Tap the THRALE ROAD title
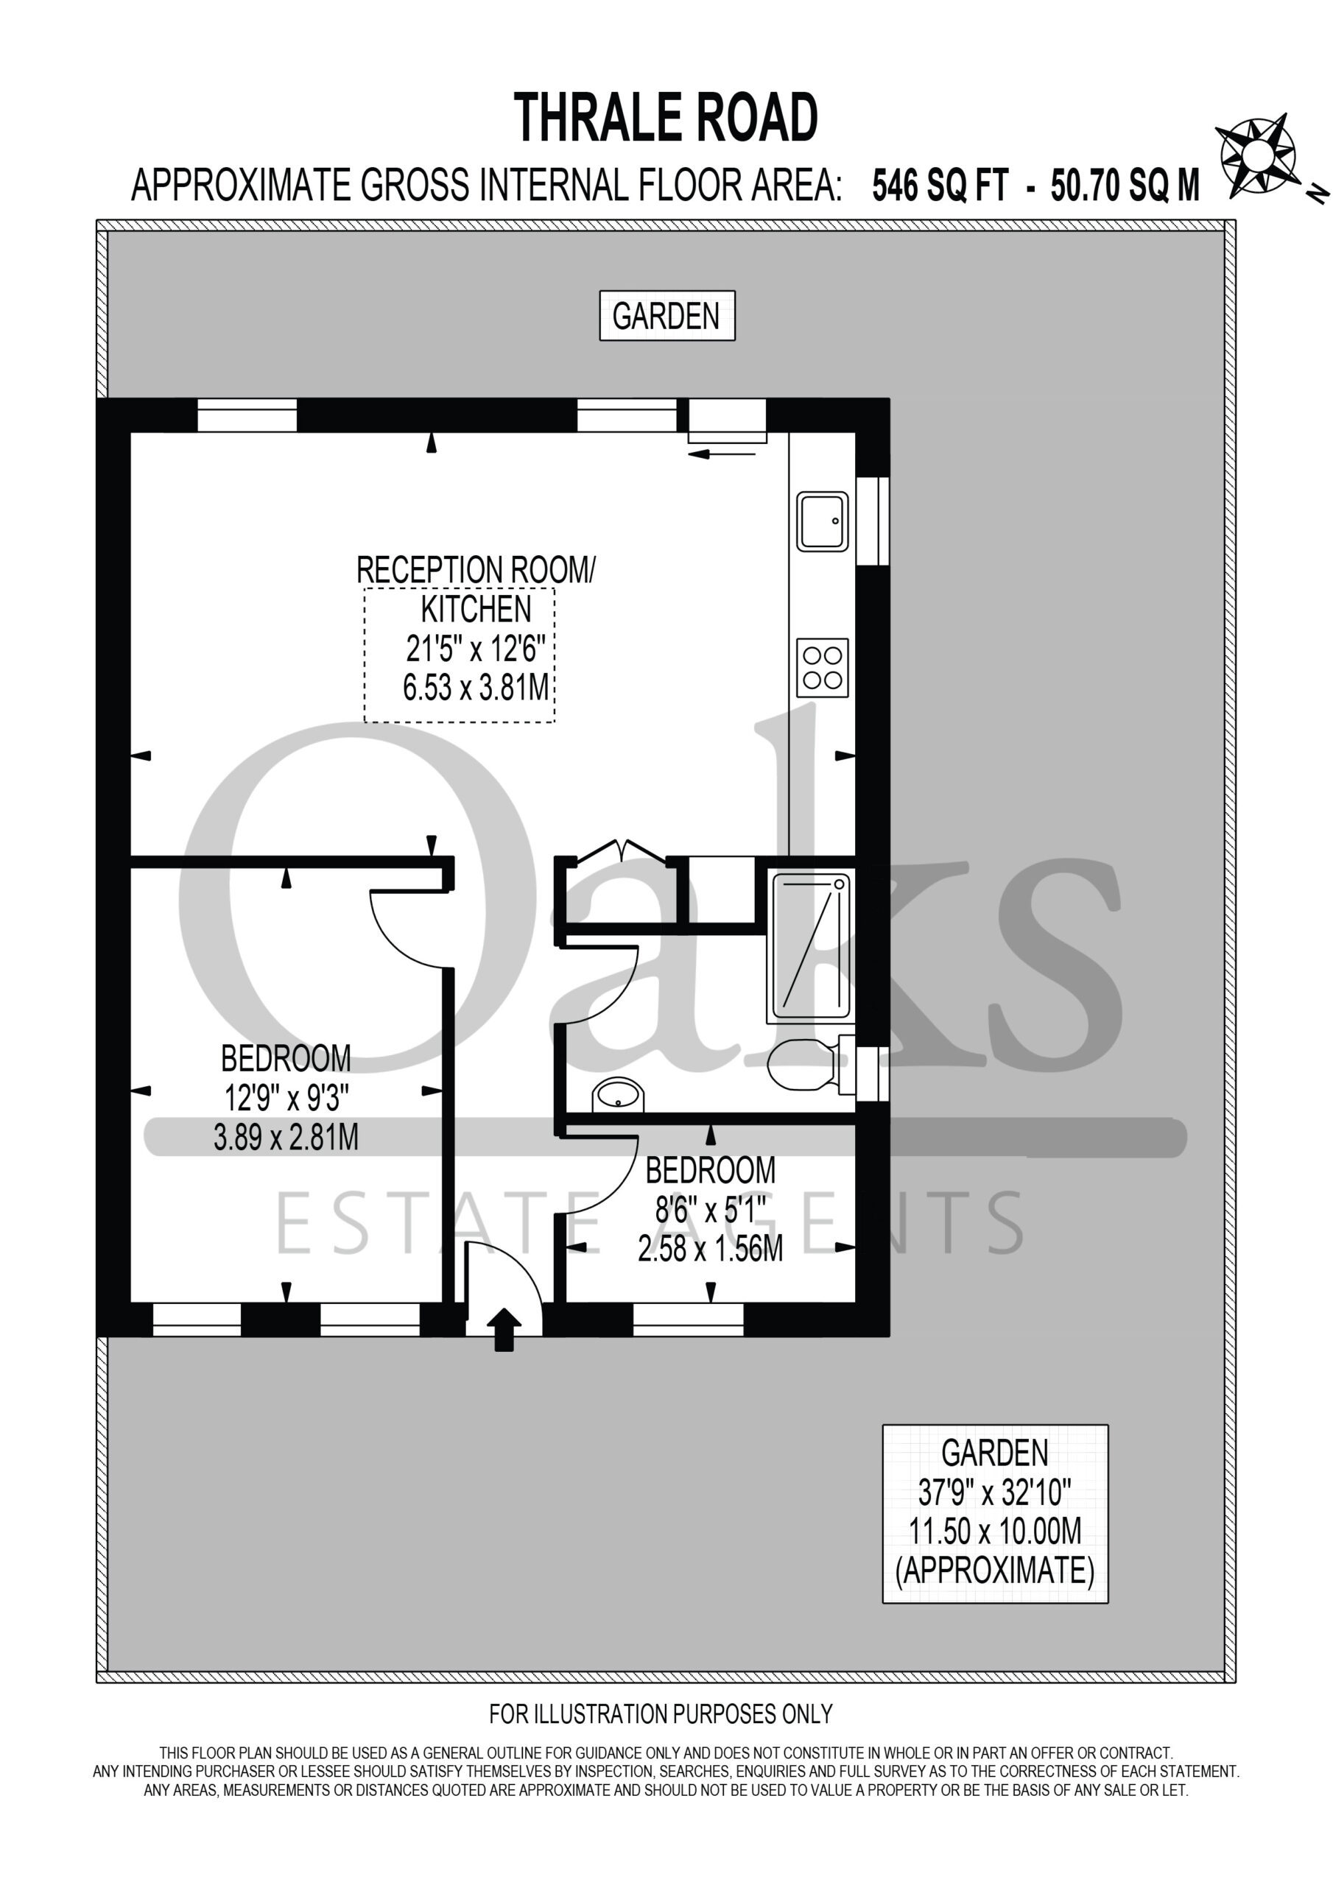666,117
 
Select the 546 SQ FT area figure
940,186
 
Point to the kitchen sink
822,521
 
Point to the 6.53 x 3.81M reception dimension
476,687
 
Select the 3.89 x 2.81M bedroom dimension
286,1137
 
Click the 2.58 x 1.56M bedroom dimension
711,1249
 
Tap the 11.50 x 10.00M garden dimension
995,1531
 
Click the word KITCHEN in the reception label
476,609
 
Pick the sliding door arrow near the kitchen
722,453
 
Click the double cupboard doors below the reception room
622,850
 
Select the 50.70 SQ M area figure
1125,186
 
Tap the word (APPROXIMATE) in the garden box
995,1571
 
